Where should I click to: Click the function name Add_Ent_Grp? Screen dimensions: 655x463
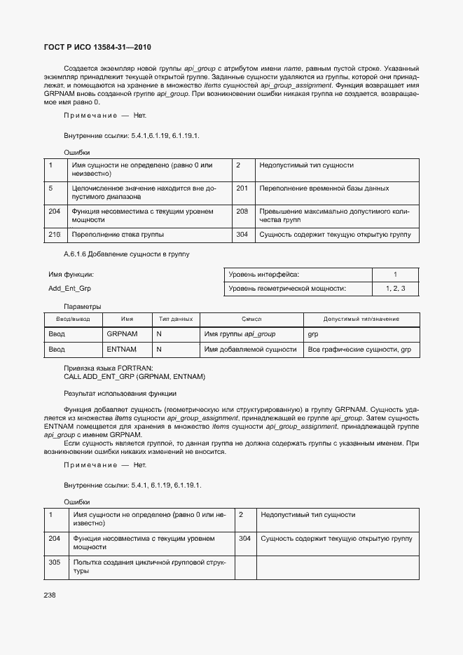coord(69,288)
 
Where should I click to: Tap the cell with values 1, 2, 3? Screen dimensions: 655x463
coord(395,288)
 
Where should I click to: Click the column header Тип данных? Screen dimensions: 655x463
coord(175,319)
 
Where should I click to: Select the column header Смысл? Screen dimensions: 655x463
coord(251,319)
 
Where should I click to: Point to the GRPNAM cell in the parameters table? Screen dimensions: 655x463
coord(122,334)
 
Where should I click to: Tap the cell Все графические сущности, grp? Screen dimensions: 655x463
coord(359,349)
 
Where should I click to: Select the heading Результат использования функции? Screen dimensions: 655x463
coord(120,394)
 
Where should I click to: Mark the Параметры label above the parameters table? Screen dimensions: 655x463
coord(83,306)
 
